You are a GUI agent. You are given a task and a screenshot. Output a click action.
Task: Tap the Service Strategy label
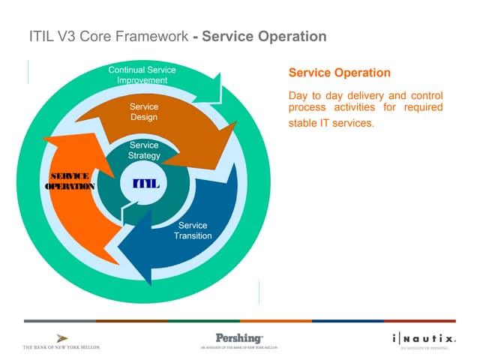(144, 150)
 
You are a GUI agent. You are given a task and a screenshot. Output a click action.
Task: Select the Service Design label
(143, 112)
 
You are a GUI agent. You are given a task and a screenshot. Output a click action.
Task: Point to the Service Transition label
(193, 230)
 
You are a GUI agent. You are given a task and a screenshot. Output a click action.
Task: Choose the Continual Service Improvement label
(142, 75)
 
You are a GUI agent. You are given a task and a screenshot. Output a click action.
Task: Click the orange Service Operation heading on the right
(339, 73)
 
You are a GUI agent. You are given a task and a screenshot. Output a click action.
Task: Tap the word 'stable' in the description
(304, 123)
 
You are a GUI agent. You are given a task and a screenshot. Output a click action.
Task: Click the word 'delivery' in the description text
(370, 96)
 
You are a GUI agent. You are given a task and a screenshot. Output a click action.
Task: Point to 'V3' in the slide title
(67, 36)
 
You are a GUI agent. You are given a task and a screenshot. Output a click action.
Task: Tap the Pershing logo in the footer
(238, 339)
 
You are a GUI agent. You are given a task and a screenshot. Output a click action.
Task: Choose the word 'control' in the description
(425, 96)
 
